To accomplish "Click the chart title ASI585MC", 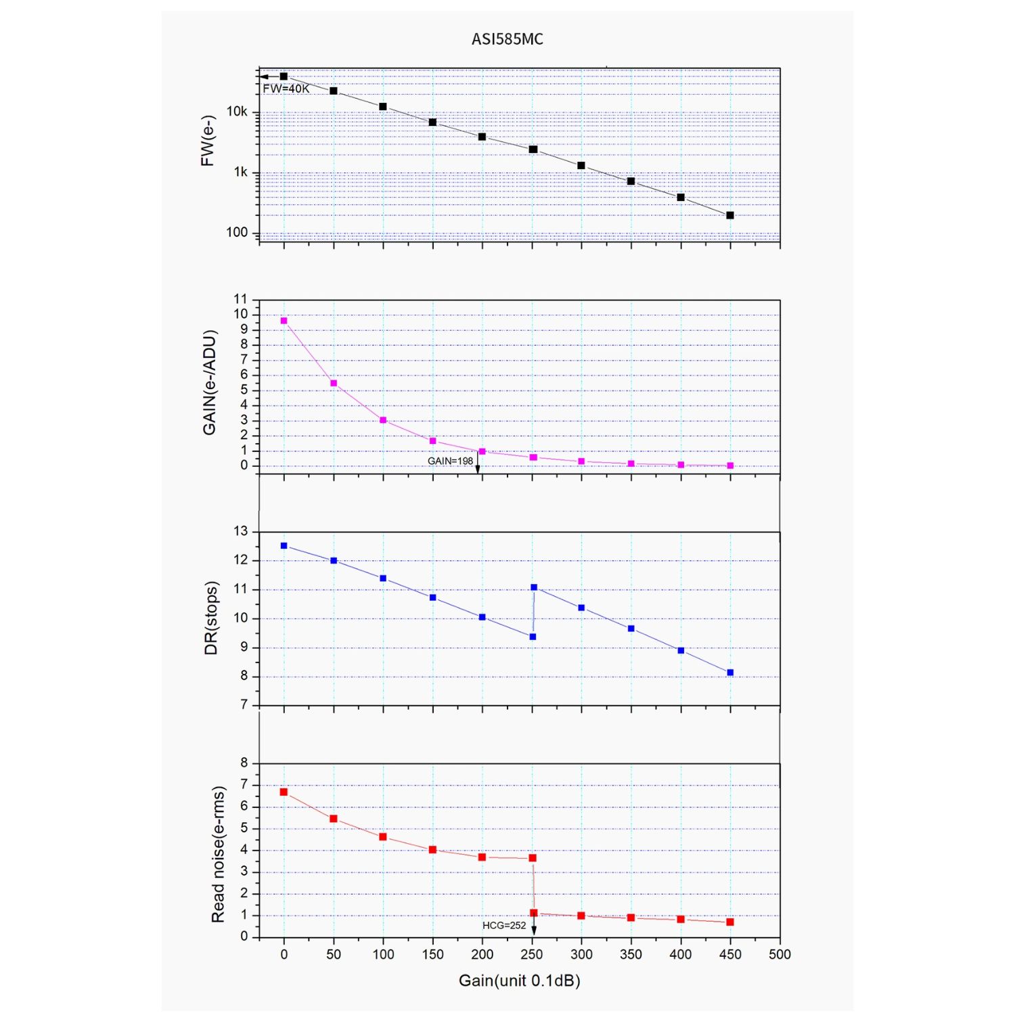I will click(507, 39).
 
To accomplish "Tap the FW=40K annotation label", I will click(286, 89).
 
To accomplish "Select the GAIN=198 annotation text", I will click(450, 461).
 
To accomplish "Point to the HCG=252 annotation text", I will click(503, 925).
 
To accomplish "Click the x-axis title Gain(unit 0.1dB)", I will click(519, 980).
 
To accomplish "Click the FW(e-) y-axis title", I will click(208, 141).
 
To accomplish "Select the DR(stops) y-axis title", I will click(211, 618).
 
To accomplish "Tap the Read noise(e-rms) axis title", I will click(217, 854).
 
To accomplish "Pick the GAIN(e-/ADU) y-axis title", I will click(210, 382).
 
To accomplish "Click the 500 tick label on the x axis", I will click(780, 954).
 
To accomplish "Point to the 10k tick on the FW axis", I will click(237, 112).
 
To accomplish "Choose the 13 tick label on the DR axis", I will click(241, 531).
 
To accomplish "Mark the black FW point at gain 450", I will click(730, 215).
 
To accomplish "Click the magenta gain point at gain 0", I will click(284, 321).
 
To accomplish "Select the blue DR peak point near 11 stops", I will click(534, 587).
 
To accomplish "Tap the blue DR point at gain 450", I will click(730, 673).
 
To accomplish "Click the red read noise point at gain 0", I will click(284, 792).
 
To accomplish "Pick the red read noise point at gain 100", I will click(383, 837).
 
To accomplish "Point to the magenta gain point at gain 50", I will click(334, 384).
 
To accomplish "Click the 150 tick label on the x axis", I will click(432, 954).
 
